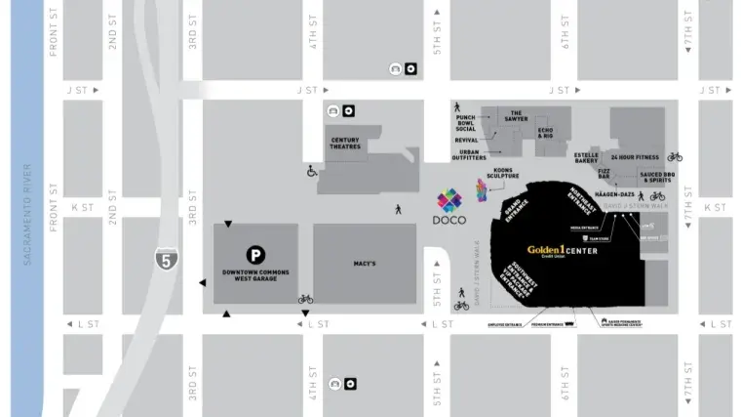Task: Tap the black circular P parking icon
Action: pos(255,253)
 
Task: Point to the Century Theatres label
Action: pos(345,144)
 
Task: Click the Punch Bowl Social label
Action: pos(465,123)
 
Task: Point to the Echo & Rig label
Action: pos(545,132)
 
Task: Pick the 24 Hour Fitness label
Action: pos(635,157)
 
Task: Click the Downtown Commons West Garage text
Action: pos(250,274)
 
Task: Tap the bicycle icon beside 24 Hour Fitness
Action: pos(675,156)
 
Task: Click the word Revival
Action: pos(467,140)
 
